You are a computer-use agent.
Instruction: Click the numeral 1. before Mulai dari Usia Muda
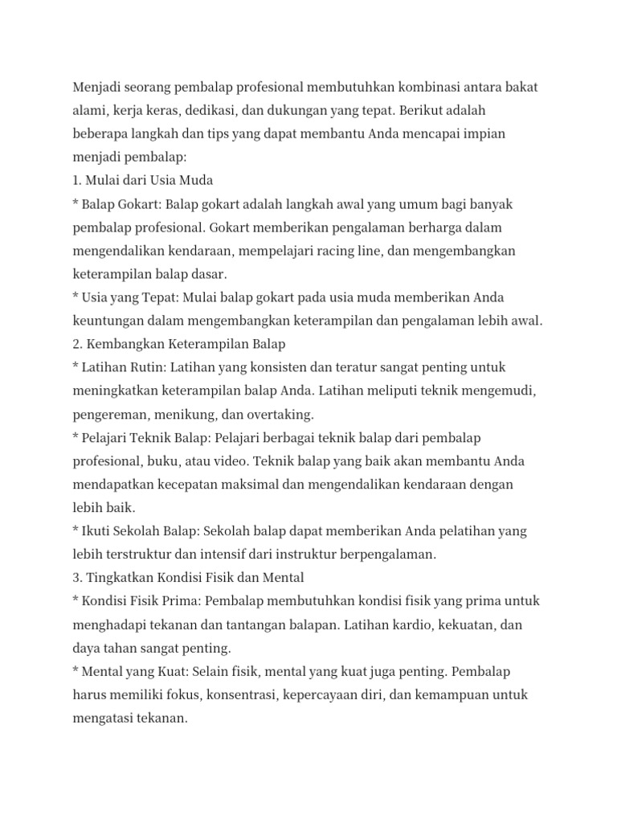click(77, 180)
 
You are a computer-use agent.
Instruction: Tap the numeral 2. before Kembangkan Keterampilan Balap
click(78, 344)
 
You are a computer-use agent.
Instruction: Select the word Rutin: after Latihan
click(147, 367)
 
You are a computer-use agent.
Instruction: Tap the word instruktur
click(307, 555)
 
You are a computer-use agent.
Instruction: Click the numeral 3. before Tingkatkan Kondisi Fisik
click(78, 578)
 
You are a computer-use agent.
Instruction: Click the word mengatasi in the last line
click(104, 719)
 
